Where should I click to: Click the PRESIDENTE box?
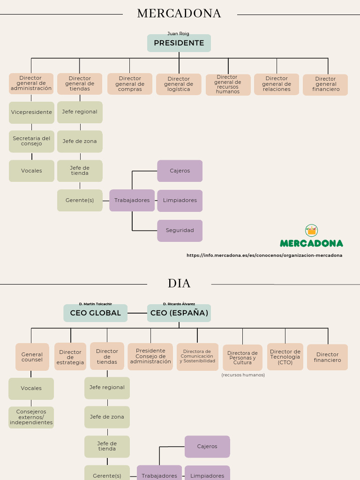point(179,43)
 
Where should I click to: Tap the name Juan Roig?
point(178,34)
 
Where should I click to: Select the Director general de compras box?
point(130,84)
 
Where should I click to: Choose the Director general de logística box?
point(179,84)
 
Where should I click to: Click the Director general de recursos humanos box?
point(228,84)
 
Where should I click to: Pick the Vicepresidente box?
point(31,112)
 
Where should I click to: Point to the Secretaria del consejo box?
point(31,141)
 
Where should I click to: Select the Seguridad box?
point(180,231)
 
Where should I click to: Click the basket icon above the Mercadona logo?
point(312,230)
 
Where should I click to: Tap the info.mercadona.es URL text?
point(264,255)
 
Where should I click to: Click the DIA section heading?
point(179,284)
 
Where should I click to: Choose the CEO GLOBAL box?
point(96,313)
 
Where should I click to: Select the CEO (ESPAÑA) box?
point(179,313)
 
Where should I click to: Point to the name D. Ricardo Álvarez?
point(179,304)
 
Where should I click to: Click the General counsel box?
point(32,357)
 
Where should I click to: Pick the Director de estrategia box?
point(70,357)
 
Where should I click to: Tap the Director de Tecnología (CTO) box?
point(285,357)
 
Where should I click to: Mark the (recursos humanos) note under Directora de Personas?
point(243,375)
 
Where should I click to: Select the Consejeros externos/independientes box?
point(31,417)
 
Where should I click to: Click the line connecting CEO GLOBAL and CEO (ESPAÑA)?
point(137,313)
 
